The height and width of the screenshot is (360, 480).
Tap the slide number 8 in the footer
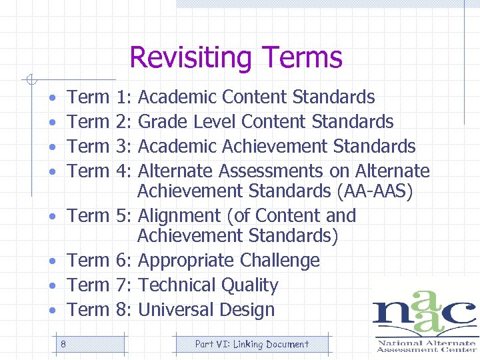[x=63, y=344]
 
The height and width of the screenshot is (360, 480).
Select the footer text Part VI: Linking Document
[x=251, y=344]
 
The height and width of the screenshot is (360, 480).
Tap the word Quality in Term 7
[x=250, y=285]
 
